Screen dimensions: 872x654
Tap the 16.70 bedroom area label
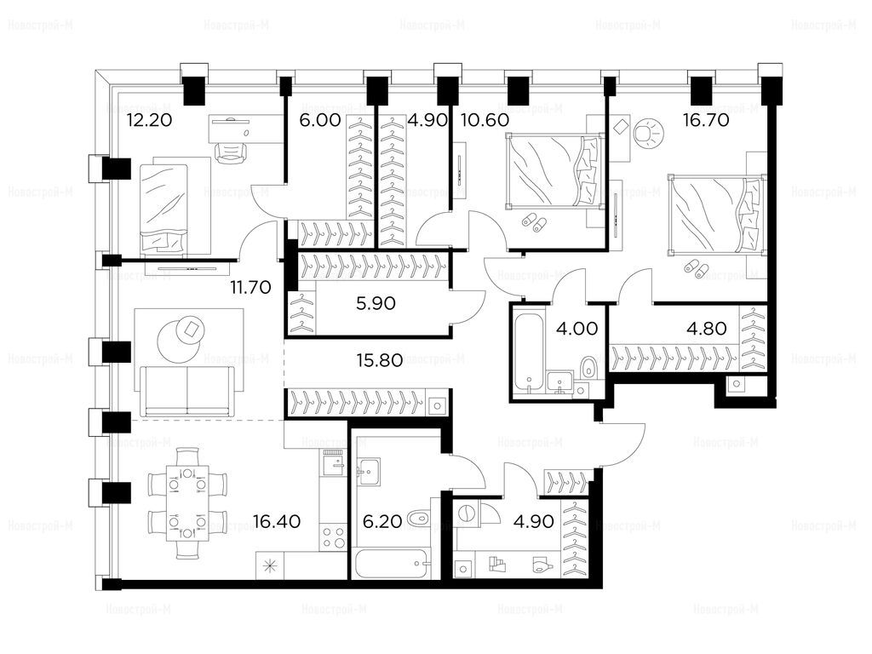(706, 120)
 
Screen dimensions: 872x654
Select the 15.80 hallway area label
(381, 360)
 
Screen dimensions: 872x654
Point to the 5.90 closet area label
(376, 303)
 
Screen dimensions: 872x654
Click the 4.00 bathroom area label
(577, 328)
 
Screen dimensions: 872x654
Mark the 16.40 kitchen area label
(277, 521)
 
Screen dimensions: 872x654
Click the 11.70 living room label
(251, 288)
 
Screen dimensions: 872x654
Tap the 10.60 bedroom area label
(485, 120)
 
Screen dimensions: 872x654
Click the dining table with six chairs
(187, 504)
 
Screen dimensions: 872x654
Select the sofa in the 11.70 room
(186, 391)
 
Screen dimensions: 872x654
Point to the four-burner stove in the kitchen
(333, 537)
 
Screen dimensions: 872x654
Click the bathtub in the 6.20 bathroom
(392, 563)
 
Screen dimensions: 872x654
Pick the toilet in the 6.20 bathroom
(419, 519)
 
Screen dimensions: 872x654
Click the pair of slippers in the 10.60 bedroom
(533, 222)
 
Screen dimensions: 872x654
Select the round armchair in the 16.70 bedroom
(647, 134)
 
